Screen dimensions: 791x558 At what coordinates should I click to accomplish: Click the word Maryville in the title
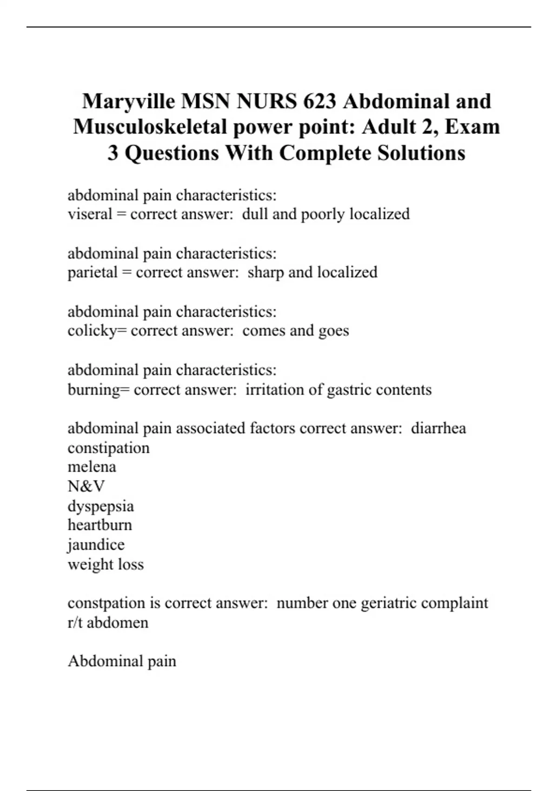[x=129, y=101]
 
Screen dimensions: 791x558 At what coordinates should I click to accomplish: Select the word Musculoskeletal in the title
[x=150, y=127]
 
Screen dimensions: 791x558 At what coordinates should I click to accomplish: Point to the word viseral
[x=90, y=214]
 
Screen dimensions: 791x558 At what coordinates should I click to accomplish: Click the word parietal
[x=93, y=272]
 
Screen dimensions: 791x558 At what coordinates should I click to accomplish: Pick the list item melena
[x=92, y=467]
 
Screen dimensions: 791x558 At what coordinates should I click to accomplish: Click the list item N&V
[x=86, y=486]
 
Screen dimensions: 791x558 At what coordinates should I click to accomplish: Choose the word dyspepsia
[x=100, y=506]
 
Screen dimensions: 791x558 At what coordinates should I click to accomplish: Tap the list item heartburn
[x=100, y=525]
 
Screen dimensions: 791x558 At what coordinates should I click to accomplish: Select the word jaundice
[x=96, y=545]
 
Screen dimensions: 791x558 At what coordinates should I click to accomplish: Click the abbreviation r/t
[x=75, y=623]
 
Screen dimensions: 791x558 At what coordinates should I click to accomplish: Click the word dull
[x=254, y=214]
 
